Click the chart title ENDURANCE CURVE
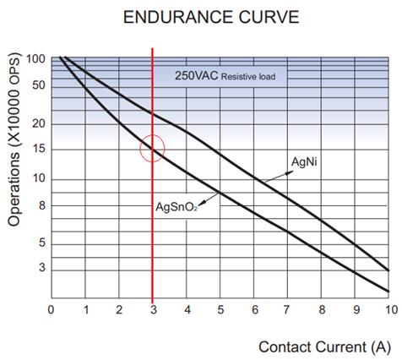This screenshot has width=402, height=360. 201,16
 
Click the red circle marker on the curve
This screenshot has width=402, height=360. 152,148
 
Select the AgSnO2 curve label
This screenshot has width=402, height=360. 176,205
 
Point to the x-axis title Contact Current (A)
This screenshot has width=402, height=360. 323,346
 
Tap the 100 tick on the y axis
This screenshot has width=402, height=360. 35,59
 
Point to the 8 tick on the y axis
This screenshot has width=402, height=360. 41,205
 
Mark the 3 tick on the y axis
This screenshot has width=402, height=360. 41,268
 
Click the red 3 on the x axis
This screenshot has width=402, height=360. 152,308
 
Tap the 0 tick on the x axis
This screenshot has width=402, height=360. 52,308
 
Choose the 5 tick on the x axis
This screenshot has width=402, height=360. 220,308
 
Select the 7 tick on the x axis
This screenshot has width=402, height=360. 287,308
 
